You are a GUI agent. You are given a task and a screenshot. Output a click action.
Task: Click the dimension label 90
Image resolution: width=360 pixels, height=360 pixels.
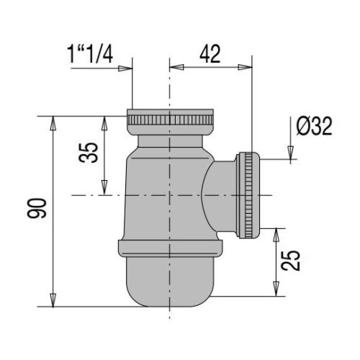point(37,208)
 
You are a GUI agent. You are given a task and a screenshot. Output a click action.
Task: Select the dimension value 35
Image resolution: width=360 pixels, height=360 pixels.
point(89,153)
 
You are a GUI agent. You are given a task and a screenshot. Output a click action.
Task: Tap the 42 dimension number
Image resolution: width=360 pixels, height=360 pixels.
point(210,54)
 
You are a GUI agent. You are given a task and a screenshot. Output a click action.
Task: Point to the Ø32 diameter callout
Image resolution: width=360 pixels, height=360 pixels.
point(315,126)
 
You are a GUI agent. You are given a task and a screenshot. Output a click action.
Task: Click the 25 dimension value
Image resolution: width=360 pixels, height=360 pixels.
point(290,261)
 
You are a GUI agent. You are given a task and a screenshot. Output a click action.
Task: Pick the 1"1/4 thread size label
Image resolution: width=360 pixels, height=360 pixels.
point(91,55)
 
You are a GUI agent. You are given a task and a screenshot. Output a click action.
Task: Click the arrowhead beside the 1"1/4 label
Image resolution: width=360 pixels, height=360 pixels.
point(125,68)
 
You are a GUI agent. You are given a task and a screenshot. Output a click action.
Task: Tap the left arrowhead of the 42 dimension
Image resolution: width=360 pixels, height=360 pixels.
point(176,67)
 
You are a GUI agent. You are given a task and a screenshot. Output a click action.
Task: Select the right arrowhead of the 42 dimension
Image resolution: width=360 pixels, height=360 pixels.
point(245,67)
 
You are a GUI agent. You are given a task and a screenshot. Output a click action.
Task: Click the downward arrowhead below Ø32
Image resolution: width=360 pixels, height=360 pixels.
point(291,152)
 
